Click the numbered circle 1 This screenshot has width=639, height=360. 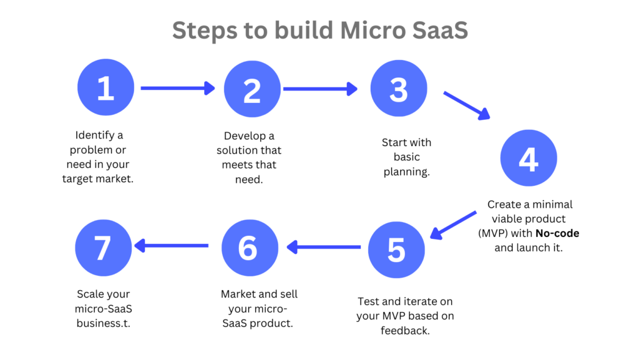pyautogui.click(x=106, y=87)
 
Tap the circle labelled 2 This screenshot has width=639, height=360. pyautogui.click(x=252, y=89)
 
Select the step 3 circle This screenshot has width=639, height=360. pyautogui.click(x=399, y=88)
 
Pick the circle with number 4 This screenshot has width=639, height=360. pyautogui.click(x=529, y=158)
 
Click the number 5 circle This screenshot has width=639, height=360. pyautogui.click(x=396, y=250)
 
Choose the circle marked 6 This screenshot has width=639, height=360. pyautogui.click(x=250, y=248)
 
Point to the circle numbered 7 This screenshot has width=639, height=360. pyautogui.click(x=104, y=248)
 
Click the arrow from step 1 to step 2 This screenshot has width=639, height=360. pyautogui.click(x=178, y=88)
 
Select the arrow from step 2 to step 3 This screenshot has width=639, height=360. pyautogui.click(x=320, y=89)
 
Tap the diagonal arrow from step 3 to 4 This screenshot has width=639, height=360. pyautogui.click(x=467, y=105)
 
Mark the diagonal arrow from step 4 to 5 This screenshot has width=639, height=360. pyautogui.click(x=453, y=225)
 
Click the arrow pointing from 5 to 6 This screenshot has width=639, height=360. pyautogui.click(x=324, y=247)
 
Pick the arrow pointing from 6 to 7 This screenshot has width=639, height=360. pyautogui.click(x=171, y=246)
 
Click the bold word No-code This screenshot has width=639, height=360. pyautogui.click(x=557, y=233)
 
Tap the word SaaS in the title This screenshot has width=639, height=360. pyautogui.click(x=440, y=31)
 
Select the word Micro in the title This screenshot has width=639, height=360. pyautogui.click(x=373, y=31)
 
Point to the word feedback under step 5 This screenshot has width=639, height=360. pyautogui.click(x=405, y=330)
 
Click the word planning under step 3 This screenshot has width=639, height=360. pyautogui.click(x=407, y=172)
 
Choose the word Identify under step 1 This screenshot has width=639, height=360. pyautogui.click(x=95, y=135)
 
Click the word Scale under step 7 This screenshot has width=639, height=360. pyautogui.click(x=89, y=294)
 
